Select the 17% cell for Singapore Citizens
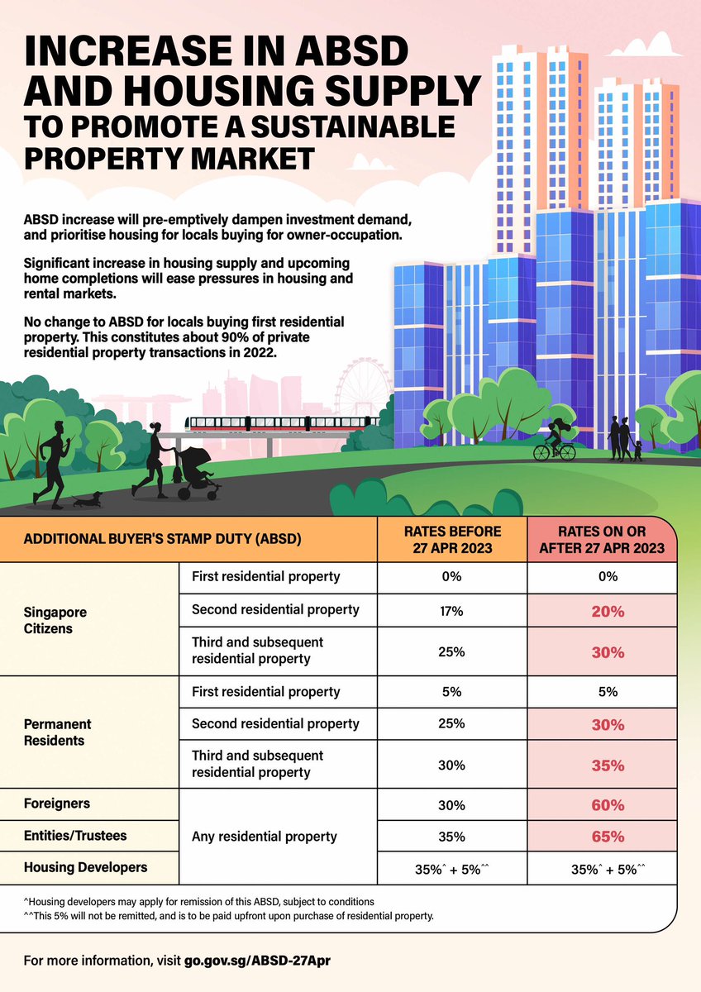(451, 610)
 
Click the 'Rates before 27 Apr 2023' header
(451, 539)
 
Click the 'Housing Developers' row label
(86, 867)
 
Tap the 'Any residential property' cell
(264, 837)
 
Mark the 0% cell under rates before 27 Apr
(451, 577)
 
